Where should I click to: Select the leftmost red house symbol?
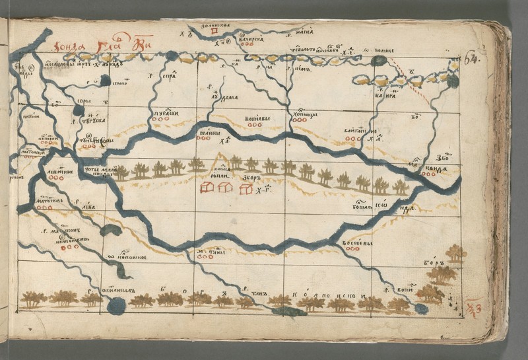[207, 188]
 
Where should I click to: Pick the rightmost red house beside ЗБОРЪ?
[246, 189]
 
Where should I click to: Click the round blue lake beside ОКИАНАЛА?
[116, 305]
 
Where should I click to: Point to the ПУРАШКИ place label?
[168, 113]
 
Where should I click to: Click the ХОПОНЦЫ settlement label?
[304, 114]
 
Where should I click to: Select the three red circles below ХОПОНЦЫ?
[300, 120]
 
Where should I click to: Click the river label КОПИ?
[404, 289]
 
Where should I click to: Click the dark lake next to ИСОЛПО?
[105, 80]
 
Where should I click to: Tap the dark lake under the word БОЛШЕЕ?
[378, 61]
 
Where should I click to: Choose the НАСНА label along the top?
[303, 30]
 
